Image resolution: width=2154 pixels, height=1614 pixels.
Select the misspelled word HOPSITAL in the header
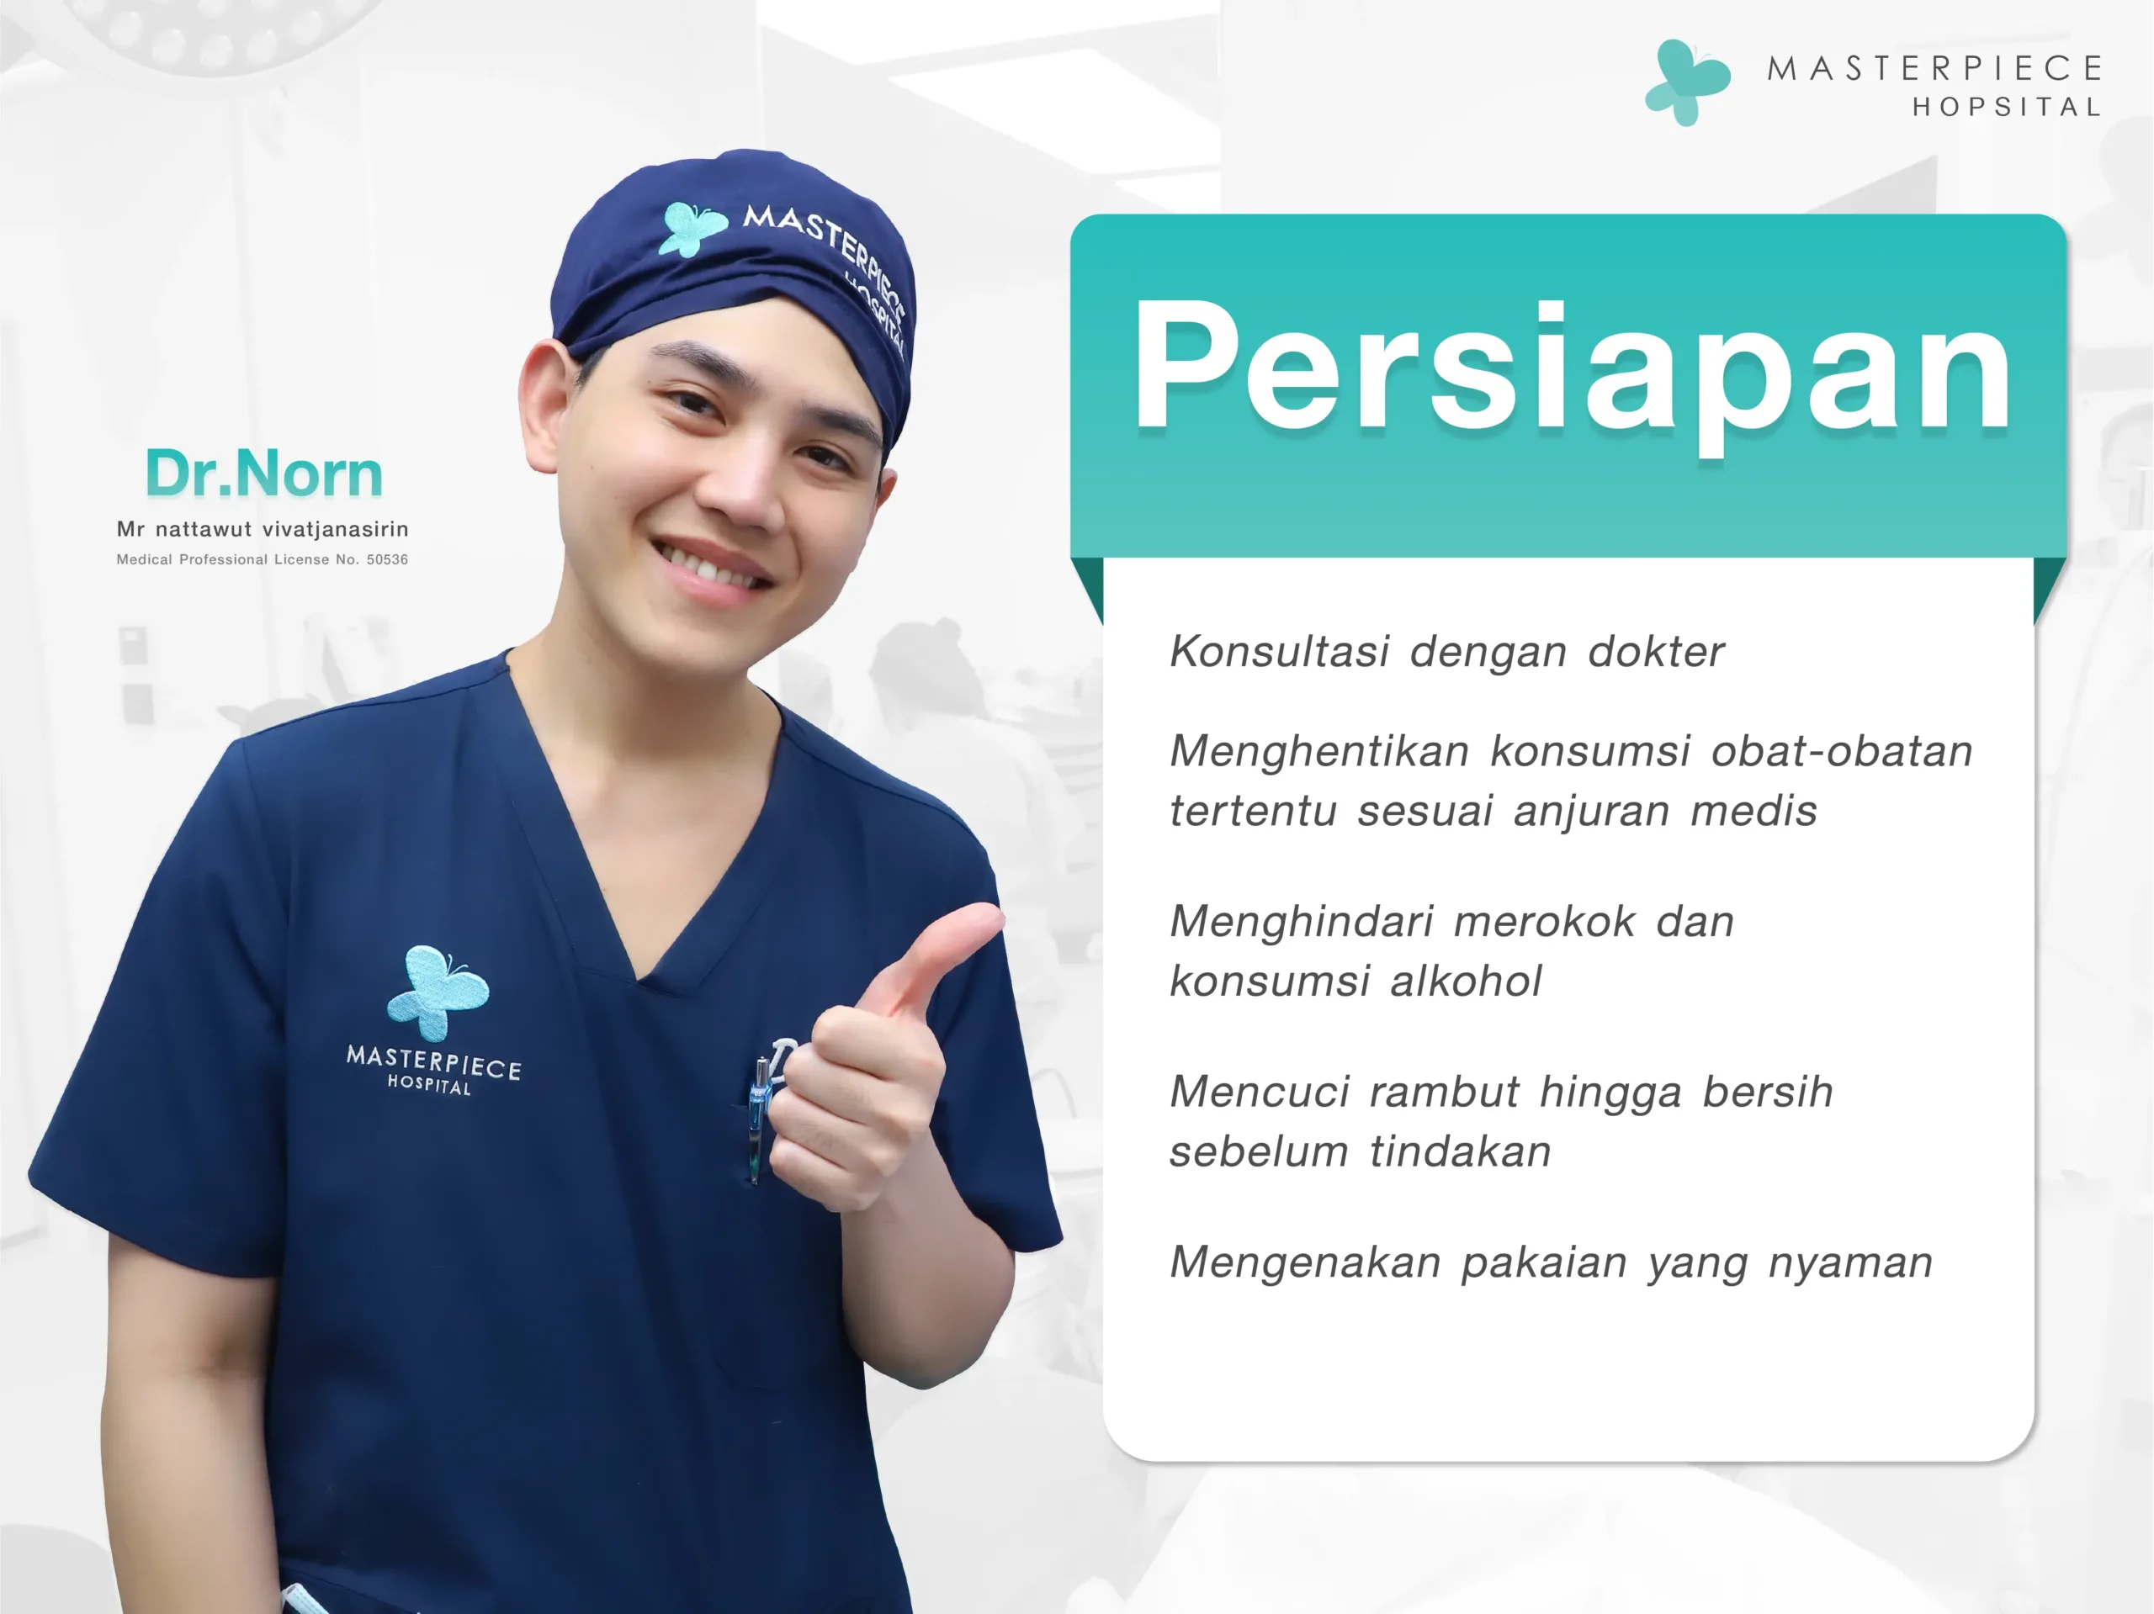(x=2007, y=107)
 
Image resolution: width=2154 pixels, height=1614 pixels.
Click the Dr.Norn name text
(x=263, y=474)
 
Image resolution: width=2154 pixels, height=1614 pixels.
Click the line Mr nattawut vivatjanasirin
(x=262, y=530)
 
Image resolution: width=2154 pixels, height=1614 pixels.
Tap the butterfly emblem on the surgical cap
(x=692, y=228)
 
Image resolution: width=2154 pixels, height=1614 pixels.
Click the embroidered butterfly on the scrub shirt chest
(x=438, y=993)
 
